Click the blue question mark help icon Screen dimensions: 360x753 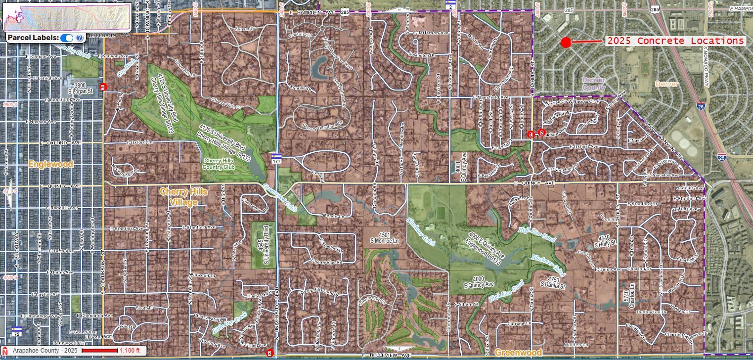pos(80,38)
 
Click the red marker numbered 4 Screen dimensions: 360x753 pos(103,87)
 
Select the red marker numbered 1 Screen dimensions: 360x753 pos(531,134)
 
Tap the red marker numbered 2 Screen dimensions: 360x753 pos(542,133)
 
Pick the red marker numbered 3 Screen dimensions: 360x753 pos(269,353)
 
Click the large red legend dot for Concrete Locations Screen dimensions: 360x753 pos(566,43)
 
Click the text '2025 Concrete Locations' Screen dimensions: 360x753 pos(675,41)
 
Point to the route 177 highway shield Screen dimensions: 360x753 pos(276,159)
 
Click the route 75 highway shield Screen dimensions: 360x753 pos(17,331)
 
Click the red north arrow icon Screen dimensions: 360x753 pos(5,351)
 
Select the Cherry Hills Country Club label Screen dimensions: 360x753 pos(219,164)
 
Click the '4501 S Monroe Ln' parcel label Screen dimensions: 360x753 pos(384,237)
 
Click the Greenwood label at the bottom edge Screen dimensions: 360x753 pos(518,353)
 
